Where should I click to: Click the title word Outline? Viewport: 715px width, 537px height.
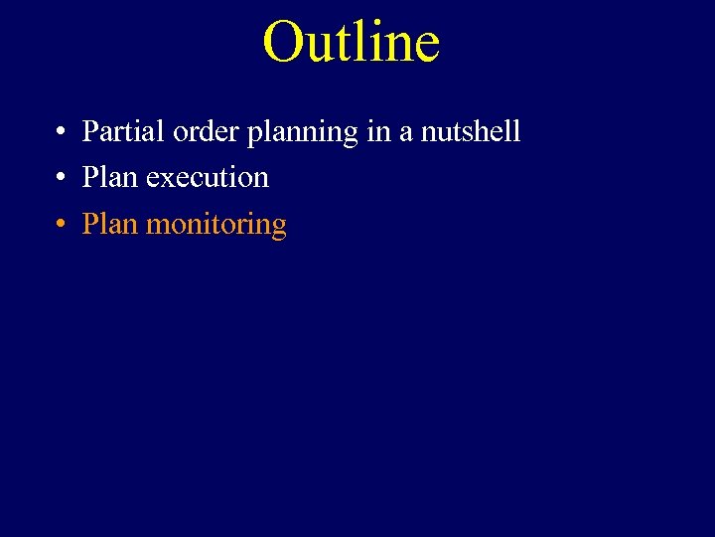(x=351, y=42)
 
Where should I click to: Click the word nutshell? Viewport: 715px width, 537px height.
(x=471, y=131)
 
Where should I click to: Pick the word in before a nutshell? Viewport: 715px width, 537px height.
(x=378, y=131)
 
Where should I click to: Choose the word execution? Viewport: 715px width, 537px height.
(x=207, y=178)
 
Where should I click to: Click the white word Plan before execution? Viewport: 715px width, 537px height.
(x=110, y=178)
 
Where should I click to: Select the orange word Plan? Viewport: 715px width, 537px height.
(x=110, y=225)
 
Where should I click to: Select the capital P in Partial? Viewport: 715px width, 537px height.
(x=90, y=131)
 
